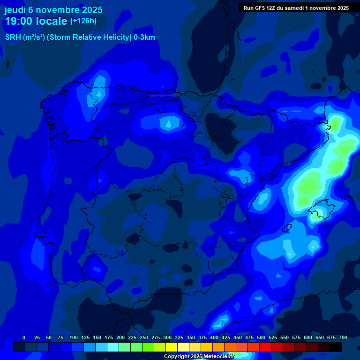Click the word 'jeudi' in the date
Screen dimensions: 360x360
tap(15, 10)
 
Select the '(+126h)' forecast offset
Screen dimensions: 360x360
tap(83, 21)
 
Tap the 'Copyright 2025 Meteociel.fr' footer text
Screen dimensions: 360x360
tap(199, 356)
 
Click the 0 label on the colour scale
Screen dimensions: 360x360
tap(24, 337)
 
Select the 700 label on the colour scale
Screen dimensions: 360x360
tap(343, 337)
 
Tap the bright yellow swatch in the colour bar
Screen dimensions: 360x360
tap(172, 347)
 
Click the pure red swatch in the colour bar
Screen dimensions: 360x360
tap(265, 347)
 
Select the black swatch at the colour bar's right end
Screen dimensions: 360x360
tap(336, 347)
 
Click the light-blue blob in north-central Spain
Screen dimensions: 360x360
tap(167, 123)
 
